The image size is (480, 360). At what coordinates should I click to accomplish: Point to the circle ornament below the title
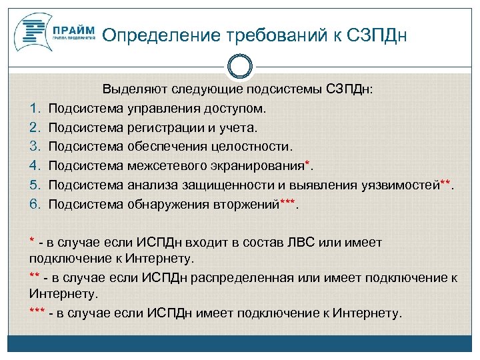coord(240,67)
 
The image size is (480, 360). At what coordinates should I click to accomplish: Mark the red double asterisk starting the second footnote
coord(35,276)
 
